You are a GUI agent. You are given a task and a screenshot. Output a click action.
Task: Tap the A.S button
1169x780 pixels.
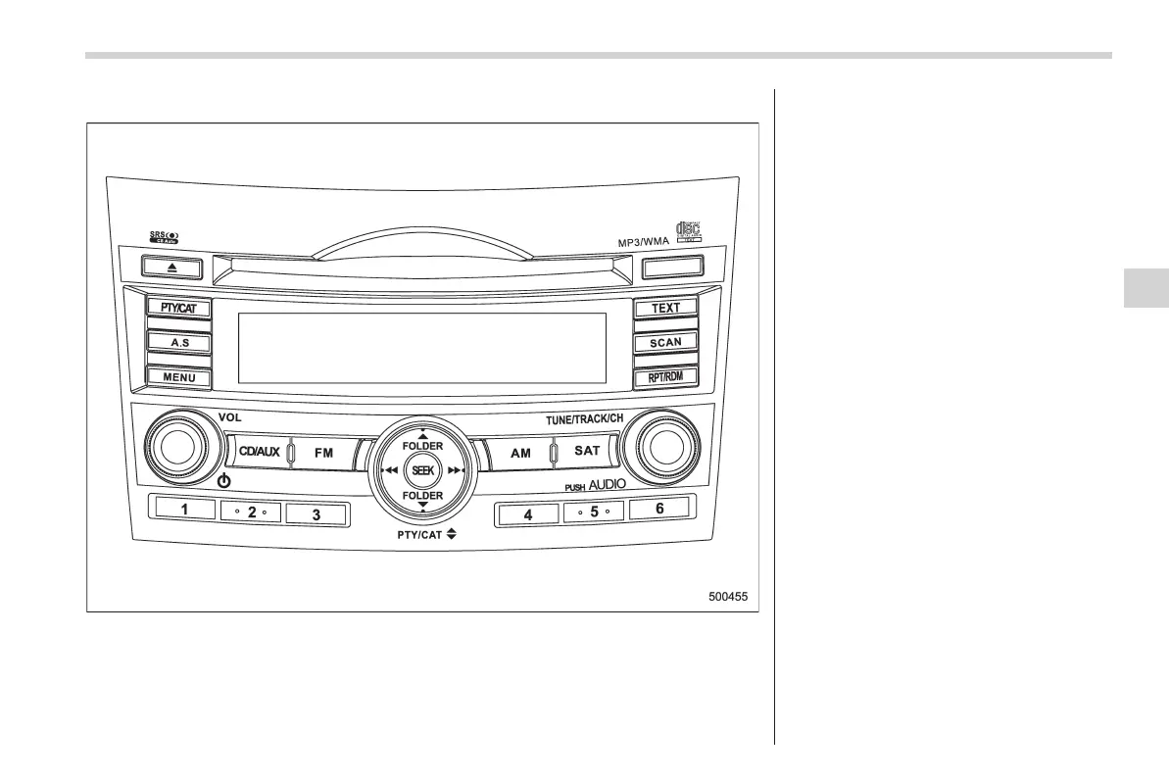click(179, 342)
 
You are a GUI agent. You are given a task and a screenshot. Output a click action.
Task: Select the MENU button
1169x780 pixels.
click(179, 377)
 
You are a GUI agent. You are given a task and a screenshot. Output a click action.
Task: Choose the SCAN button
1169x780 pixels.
click(665, 343)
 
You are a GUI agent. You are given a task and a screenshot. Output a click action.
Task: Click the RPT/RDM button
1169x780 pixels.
click(665, 377)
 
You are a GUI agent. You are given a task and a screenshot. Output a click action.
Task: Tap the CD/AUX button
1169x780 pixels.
click(260, 453)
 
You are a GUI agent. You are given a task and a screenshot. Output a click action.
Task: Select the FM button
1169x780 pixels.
click(323, 454)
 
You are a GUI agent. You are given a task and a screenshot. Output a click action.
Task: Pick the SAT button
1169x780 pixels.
click(586, 452)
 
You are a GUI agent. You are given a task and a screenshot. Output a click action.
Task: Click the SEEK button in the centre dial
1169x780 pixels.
click(422, 471)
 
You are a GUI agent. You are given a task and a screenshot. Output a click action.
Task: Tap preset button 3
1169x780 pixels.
click(316, 513)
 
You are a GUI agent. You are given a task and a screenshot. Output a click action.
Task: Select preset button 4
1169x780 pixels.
click(528, 513)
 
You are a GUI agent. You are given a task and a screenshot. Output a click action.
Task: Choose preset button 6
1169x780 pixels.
click(659, 510)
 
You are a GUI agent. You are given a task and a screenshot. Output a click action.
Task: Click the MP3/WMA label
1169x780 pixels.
click(643, 240)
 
